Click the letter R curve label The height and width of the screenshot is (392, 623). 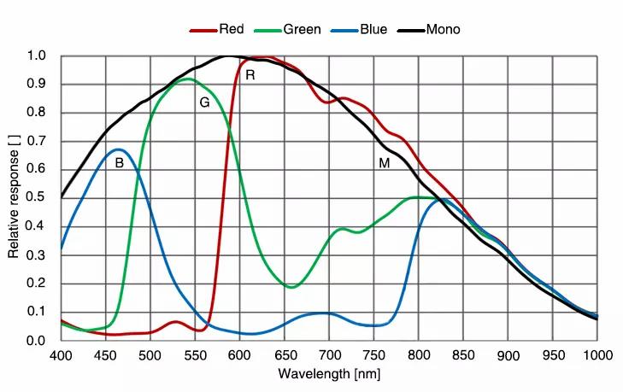pos(250,75)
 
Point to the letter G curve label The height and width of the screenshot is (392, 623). pos(204,102)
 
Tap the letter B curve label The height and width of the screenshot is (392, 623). pos(119,162)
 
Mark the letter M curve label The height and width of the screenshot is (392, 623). pos(385,162)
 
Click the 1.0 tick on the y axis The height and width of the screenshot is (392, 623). pos(37,57)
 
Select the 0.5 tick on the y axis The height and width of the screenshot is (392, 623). pos(37,198)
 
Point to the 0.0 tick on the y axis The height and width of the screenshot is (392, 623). pos(37,340)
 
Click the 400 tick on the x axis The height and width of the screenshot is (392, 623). pos(61,354)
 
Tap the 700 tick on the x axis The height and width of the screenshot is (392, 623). pos(329,354)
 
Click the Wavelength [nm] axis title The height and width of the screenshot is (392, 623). pos(329,373)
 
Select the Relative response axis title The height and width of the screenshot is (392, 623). pos(14,198)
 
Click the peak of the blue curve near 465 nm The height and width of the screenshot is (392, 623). pos(119,149)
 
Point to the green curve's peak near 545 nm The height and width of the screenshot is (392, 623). pos(185,79)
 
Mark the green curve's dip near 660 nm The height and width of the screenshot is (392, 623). pos(291,287)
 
